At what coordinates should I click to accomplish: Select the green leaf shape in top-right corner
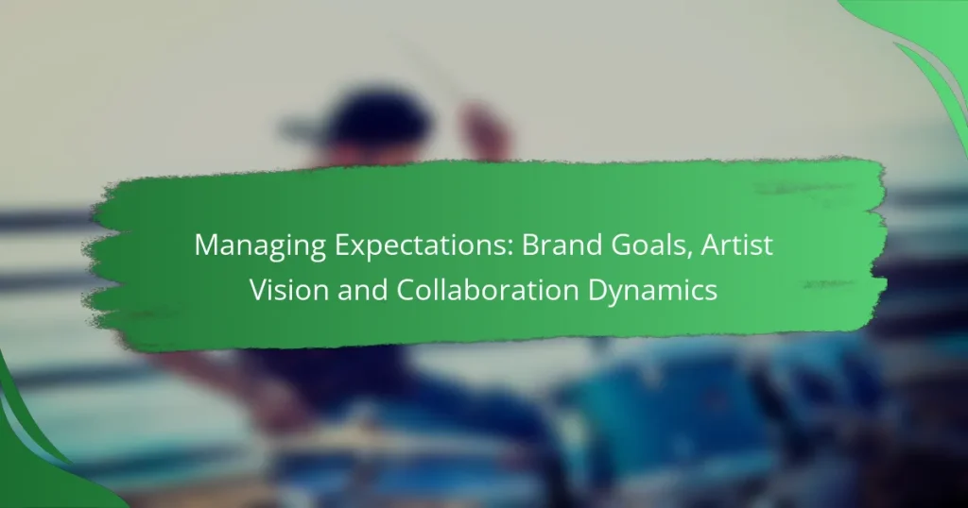click(x=922, y=47)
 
